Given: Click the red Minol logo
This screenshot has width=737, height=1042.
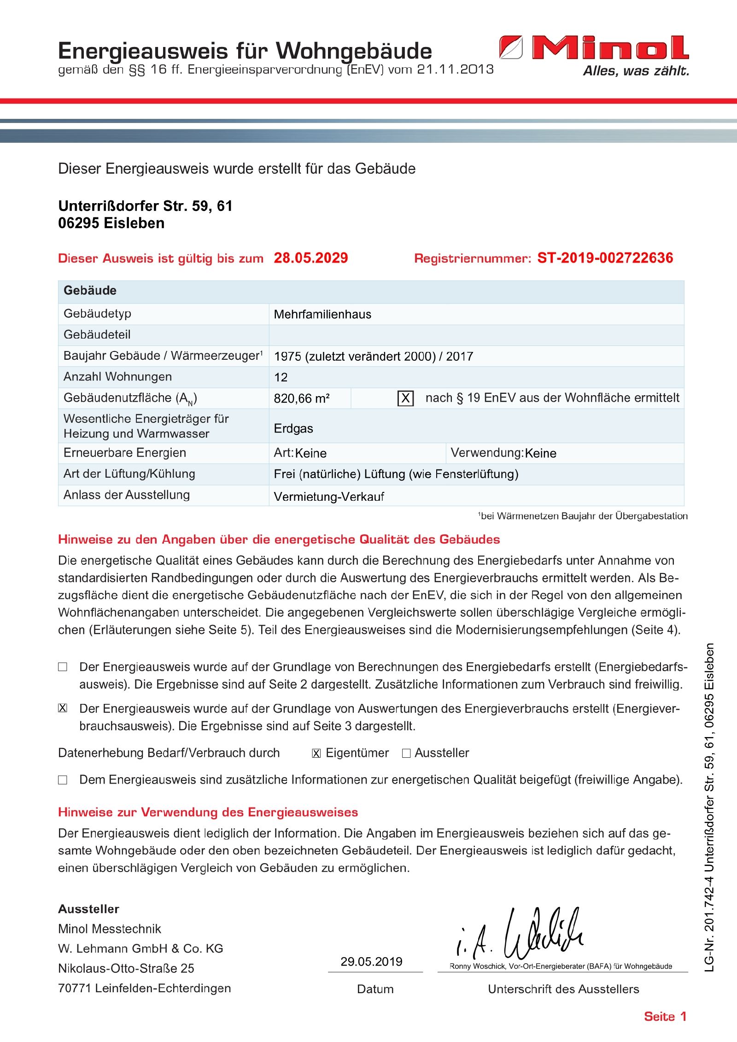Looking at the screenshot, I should point(594,47).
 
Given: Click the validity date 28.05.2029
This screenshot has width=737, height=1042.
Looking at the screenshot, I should point(311,258).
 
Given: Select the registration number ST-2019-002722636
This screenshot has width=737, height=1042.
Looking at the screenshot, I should point(605,258).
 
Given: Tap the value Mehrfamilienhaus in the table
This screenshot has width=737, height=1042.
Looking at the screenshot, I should point(322,314).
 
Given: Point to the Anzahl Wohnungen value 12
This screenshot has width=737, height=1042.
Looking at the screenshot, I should point(281,377).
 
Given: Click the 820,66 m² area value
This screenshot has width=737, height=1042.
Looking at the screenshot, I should point(302,398).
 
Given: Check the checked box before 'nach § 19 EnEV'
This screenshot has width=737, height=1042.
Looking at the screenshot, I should point(405,398).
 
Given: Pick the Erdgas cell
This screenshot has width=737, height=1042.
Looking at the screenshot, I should point(293,428).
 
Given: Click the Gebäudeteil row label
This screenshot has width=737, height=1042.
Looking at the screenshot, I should point(97,335).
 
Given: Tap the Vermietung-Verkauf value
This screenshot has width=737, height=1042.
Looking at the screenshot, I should point(329,497).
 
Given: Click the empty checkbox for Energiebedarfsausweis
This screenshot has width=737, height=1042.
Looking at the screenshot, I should point(63,667).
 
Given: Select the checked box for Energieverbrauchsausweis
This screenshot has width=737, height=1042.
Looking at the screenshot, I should point(63,708).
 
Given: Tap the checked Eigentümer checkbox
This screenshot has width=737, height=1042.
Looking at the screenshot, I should point(316,754).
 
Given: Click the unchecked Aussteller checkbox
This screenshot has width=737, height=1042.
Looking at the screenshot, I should point(406,754).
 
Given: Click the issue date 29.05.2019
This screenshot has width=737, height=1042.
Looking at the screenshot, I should point(371,962).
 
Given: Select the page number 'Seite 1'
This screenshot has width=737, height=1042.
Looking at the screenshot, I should point(665,1016).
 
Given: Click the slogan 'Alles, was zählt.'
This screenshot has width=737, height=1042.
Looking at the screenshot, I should point(636,71).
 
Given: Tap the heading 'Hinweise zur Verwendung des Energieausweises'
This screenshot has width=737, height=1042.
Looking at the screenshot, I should point(208,812).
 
